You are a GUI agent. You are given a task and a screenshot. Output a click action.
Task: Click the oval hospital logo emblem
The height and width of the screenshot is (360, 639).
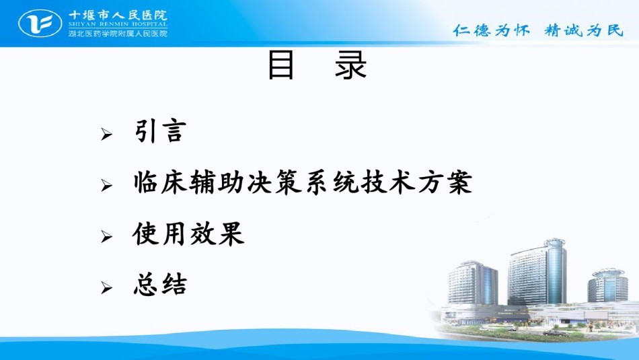(40, 24)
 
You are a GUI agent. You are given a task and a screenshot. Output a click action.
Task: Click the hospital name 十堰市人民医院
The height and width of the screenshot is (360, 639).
(118, 15)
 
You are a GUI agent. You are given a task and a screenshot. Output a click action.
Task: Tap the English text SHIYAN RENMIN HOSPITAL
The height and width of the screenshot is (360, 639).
(118, 24)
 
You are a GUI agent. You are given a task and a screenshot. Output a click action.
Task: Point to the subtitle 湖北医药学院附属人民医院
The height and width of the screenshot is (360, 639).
(118, 33)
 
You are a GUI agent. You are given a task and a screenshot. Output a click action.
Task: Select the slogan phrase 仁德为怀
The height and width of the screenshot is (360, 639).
(491, 30)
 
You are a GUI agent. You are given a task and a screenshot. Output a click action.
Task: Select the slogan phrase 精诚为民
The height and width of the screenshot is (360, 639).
(584, 30)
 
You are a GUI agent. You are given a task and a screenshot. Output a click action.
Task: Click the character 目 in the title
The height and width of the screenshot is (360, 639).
(280, 65)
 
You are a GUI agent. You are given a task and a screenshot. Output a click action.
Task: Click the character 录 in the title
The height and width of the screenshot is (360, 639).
(350, 65)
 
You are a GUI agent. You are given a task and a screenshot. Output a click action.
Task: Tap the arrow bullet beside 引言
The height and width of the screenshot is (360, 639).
(107, 134)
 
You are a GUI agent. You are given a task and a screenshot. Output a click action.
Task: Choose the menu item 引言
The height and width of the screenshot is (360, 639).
(160, 131)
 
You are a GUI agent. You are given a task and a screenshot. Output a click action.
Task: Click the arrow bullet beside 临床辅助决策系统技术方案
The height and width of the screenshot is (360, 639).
(107, 186)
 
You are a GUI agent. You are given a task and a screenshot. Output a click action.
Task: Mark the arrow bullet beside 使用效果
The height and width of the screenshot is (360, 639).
(107, 237)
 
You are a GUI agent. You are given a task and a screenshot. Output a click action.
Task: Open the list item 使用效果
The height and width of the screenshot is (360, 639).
(188, 234)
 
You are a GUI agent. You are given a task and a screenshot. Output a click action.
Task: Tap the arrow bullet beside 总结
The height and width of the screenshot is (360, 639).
(107, 288)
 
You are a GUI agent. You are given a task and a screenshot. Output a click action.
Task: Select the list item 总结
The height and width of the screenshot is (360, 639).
(160, 284)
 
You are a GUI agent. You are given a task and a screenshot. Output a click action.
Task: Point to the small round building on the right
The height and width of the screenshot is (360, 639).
(607, 285)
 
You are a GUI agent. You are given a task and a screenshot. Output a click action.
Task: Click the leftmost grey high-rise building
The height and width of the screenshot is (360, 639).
(472, 283)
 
